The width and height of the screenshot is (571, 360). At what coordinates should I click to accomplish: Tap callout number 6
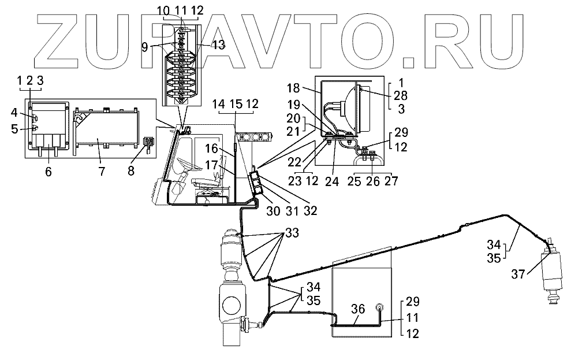pos(48,171)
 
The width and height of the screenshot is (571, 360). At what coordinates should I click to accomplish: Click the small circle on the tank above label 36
pos(380,307)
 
